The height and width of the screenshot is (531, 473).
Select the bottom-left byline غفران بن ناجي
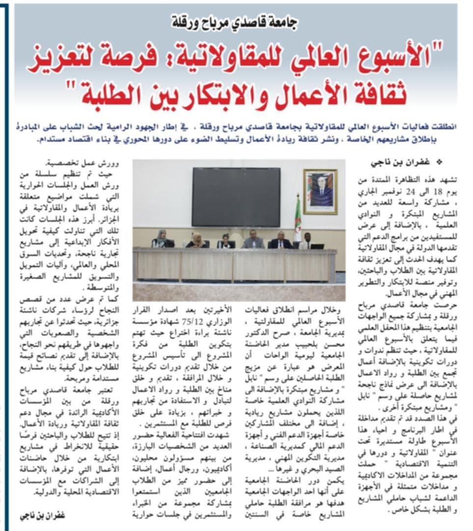(43, 516)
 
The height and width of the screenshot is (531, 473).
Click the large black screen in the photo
(236, 197)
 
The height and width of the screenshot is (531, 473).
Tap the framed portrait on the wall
(320, 192)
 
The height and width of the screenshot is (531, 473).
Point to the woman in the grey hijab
(162, 239)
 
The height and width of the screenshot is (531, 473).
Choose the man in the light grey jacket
(253, 239)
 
